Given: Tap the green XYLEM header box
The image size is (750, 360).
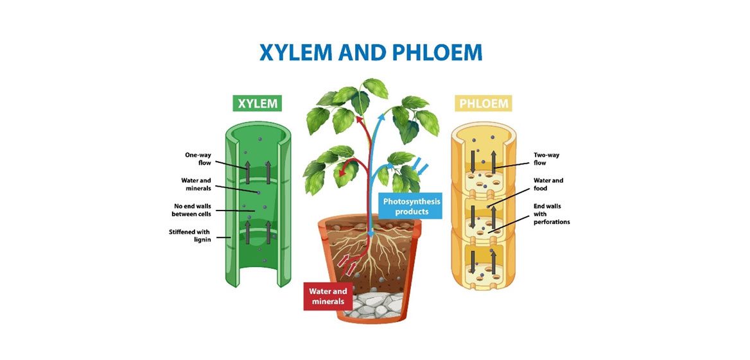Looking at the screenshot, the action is pyautogui.click(x=257, y=103).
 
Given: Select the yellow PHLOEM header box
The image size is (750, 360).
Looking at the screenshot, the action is pyautogui.click(x=483, y=103).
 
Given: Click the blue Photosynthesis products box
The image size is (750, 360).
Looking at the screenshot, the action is pyautogui.click(x=410, y=205).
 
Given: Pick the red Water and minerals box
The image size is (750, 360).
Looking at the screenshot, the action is pyautogui.click(x=328, y=296).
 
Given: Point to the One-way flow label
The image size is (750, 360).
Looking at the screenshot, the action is pyautogui.click(x=198, y=159).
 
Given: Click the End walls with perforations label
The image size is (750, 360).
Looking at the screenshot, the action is pyautogui.click(x=552, y=214).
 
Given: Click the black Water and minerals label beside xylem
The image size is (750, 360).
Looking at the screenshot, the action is pyautogui.click(x=196, y=184).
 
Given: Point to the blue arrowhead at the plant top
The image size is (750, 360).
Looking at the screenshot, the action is pyautogui.click(x=381, y=114).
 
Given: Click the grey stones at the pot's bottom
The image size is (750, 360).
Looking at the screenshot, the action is pyautogui.click(x=374, y=305).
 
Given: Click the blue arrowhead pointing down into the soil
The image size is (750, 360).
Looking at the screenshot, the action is pyautogui.click(x=371, y=234).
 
